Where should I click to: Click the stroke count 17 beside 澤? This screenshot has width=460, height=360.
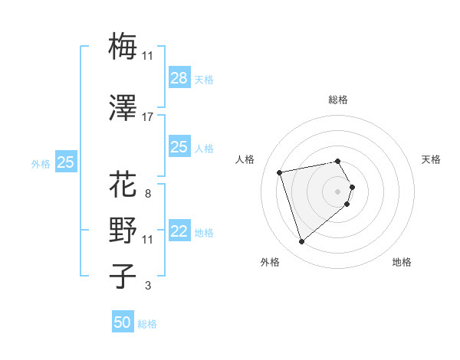click(148, 117)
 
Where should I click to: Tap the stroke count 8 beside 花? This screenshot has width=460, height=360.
click(148, 193)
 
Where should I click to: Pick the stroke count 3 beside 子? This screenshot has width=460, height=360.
click(148, 286)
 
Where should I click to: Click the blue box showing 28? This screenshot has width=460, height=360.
click(179, 77)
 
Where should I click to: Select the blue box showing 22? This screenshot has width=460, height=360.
click(179, 231)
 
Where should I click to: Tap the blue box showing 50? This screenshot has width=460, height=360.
click(123, 322)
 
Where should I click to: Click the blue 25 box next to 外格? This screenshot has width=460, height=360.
click(66, 162)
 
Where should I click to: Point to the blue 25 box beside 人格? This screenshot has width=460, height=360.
click(179, 147)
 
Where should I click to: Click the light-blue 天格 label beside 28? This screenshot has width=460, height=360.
click(204, 79)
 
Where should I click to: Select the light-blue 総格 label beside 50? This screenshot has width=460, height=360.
click(147, 324)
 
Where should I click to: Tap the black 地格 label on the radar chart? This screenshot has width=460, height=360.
click(402, 262)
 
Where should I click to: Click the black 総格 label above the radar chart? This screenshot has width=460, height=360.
click(338, 100)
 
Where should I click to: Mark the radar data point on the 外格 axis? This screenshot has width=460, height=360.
click(301, 242)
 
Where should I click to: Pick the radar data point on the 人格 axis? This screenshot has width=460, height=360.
click(280, 172)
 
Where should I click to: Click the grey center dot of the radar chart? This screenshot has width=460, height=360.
click(338, 191)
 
